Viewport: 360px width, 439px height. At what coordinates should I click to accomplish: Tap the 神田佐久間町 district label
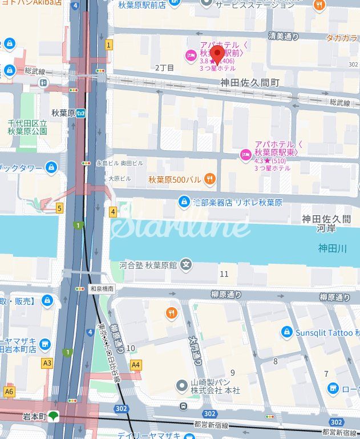coord(250,83)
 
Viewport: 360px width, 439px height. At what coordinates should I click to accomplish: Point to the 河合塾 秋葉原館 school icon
coord(185,264)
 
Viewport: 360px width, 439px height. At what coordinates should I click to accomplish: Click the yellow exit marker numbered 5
coord(59,208)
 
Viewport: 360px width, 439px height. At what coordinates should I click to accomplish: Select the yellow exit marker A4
coord(135,364)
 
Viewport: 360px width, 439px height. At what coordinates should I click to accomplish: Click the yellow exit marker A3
coord(47,363)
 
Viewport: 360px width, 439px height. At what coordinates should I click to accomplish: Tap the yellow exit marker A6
coord(9,392)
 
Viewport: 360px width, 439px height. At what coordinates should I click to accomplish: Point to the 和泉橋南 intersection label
coord(102,289)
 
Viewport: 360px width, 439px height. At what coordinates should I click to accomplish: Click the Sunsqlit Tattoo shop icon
coord(287,332)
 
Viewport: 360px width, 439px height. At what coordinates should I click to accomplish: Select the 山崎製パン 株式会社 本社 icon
coord(182,386)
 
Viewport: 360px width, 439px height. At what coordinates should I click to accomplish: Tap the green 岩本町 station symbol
coord(53,416)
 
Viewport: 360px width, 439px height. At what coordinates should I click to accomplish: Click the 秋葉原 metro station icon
coord(82,112)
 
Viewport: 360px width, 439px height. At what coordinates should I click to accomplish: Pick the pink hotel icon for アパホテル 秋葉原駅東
coord(246,154)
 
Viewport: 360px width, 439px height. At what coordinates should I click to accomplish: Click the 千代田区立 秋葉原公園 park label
coord(27,127)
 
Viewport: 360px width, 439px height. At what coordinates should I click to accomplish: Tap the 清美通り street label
coord(284,36)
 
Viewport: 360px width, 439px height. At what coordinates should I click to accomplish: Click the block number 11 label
coord(224,275)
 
